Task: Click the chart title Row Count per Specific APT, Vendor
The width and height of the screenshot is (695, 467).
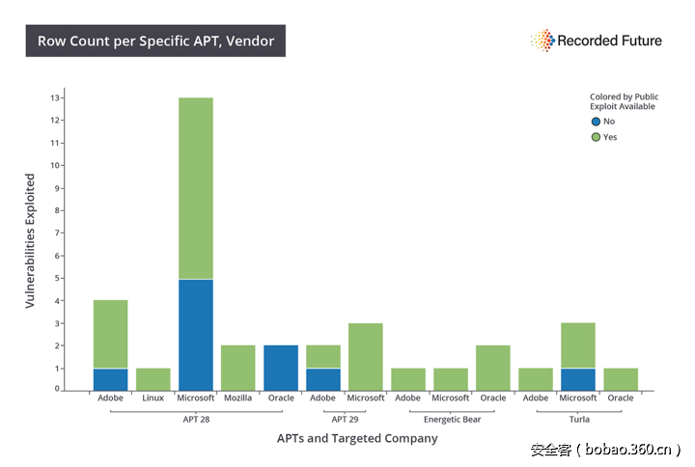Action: click(155, 41)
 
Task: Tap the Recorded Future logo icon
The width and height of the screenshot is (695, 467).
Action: click(542, 41)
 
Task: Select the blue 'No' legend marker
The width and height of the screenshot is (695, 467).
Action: click(596, 122)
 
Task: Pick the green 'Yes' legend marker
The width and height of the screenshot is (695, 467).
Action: click(596, 137)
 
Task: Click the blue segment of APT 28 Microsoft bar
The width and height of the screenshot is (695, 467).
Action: click(196, 335)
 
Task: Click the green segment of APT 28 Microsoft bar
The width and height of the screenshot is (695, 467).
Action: click(196, 188)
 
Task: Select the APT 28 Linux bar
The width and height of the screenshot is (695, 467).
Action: click(153, 379)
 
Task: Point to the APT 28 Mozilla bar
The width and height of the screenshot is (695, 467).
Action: click(238, 368)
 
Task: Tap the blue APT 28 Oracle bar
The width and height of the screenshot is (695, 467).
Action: click(281, 368)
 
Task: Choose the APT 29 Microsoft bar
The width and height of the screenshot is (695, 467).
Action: click(366, 357)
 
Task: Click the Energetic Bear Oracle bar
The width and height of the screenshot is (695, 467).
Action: click(493, 368)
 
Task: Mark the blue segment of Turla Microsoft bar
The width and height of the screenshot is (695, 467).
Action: click(578, 379)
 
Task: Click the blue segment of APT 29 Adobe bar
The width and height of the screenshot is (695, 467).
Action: click(323, 379)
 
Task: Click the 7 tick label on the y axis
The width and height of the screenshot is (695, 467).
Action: click(59, 233)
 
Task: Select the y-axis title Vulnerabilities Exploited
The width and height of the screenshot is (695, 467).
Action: click(30, 241)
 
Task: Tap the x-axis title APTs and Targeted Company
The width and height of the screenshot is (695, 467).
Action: click(358, 438)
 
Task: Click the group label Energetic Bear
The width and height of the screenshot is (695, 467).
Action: click(451, 419)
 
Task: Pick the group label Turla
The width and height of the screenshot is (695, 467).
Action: click(578, 419)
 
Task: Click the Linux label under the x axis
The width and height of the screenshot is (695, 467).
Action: click(153, 398)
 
